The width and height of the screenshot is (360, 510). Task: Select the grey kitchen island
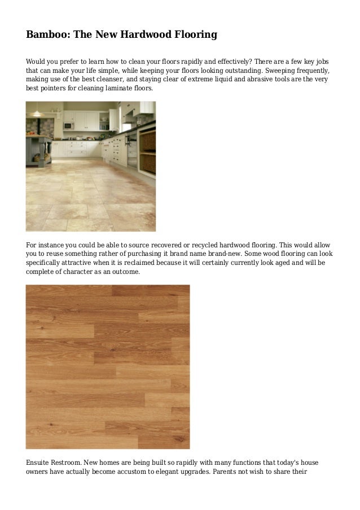[x=38, y=147]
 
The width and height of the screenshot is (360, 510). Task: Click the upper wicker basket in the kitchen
[x=148, y=142]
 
